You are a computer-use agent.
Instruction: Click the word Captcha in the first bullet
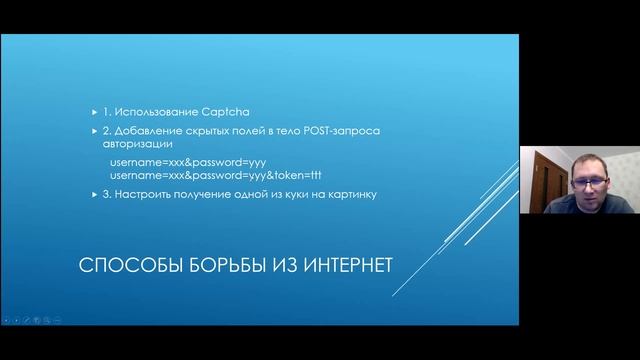tap(203, 115)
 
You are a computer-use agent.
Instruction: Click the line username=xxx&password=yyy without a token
tap(187, 161)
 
